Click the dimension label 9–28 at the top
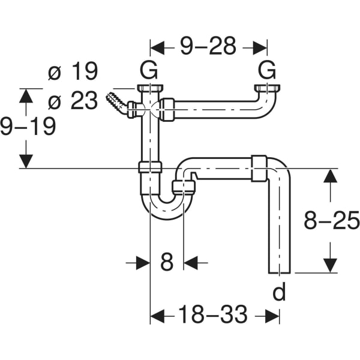tap(208, 46)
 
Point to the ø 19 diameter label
tap(73, 71)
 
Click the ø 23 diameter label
tap(73, 100)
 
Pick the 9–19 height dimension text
tap(28, 126)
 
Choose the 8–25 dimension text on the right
tap(332, 220)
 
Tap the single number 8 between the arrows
tap(167, 262)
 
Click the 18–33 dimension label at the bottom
tap(213, 314)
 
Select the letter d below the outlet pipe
tap(279, 291)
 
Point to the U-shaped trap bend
tap(167, 207)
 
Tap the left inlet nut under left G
tap(150, 88)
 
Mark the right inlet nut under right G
tap(268, 88)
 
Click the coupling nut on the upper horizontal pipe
tap(167, 110)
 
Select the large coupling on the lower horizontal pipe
tap(259, 169)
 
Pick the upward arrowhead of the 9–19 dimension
tap(26, 96)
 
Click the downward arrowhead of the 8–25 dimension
tap(330, 266)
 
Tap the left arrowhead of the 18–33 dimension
tap(157, 316)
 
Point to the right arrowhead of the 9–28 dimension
tap(260, 48)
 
